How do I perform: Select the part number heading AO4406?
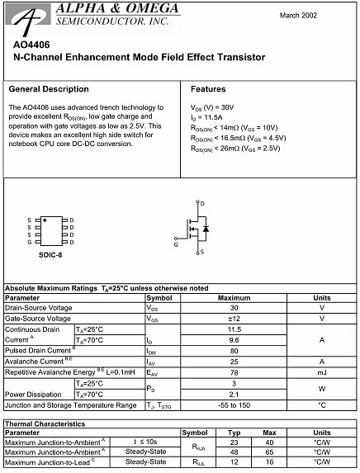coord(29,45)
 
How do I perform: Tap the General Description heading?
coord(48,88)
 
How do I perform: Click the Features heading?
coord(208,88)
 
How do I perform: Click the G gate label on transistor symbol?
coord(176,245)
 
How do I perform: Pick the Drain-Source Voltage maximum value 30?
coord(234,308)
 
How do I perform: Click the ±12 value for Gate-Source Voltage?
coord(234,319)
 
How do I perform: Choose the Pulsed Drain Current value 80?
coord(234,351)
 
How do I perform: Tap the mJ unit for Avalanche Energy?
coord(322,372)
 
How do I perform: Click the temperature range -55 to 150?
coord(234,405)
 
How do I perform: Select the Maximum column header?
coord(234,297)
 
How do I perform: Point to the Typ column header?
coord(234,432)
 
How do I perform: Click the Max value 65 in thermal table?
coord(268,452)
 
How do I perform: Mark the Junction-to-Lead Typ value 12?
coord(234,462)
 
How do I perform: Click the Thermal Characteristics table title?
coord(45,423)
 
